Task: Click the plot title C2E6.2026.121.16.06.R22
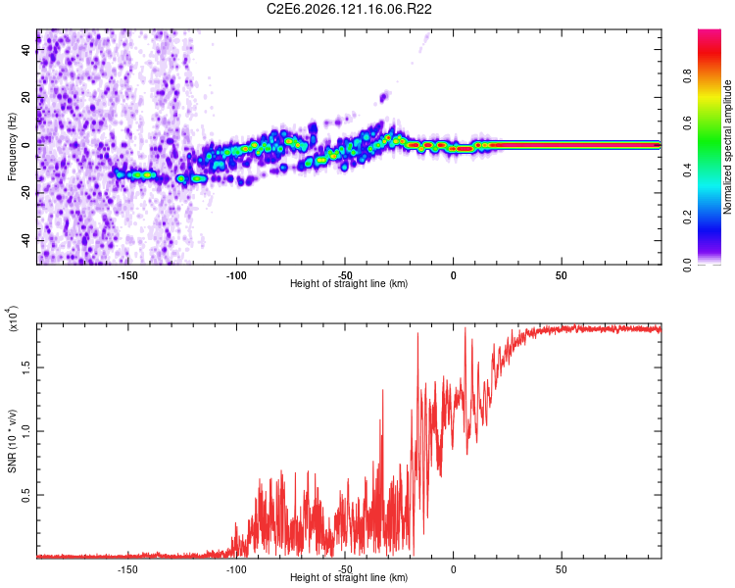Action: [349, 9]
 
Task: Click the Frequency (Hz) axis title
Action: [12, 147]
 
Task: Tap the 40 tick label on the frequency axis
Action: [26, 50]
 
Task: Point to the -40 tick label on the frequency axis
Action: [26, 241]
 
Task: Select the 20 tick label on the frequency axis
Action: [26, 98]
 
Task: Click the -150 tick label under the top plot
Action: [127, 275]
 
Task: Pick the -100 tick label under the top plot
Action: [236, 275]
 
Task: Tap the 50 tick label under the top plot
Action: [562, 275]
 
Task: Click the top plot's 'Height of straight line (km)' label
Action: [349, 283]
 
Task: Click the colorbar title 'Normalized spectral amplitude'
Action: [727, 147]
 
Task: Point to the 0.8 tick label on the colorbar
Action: [687, 76]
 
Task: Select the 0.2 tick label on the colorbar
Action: [687, 218]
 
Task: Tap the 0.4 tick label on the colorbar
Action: [687, 171]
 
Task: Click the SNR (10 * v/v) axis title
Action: [12, 441]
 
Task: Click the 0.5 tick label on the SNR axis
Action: [26, 495]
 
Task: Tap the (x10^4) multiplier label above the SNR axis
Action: [13, 318]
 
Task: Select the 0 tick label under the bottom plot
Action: [453, 569]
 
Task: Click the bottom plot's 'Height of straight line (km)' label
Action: [349, 577]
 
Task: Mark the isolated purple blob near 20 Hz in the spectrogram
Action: [384, 97]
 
